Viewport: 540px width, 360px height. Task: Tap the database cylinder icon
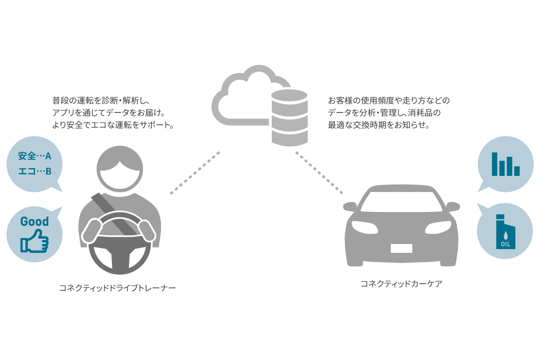pyautogui.click(x=290, y=117)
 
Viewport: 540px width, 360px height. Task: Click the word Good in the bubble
pyautogui.click(x=35, y=221)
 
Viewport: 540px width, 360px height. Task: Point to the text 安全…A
pyautogui.click(x=35, y=156)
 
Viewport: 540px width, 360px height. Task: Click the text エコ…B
pyautogui.click(x=35, y=171)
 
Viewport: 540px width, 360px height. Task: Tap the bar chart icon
pyautogui.click(x=505, y=164)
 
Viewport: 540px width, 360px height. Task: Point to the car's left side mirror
pyautogui.click(x=350, y=206)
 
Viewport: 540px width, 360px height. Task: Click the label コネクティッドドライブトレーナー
pyautogui.click(x=118, y=288)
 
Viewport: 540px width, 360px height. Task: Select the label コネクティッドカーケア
pyautogui.click(x=401, y=284)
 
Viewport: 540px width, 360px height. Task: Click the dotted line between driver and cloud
pyautogui.click(x=195, y=173)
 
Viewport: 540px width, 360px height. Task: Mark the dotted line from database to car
pyautogui.click(x=319, y=173)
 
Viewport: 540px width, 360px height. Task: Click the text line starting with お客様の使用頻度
pyautogui.click(x=389, y=100)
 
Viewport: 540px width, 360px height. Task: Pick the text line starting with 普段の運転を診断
pyautogui.click(x=103, y=100)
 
